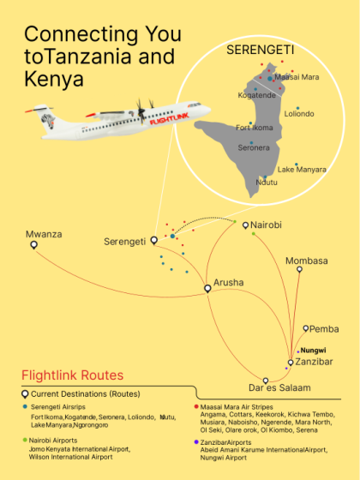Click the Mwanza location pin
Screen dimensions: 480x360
click(34, 245)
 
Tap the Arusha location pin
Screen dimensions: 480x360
click(207, 289)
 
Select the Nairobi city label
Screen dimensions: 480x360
click(266, 225)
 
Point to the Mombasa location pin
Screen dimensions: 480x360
click(299, 269)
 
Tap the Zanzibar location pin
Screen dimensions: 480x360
click(291, 363)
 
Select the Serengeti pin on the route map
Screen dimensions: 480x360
click(154, 241)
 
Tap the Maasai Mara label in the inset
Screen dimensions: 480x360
click(297, 77)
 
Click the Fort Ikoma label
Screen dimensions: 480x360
click(254, 129)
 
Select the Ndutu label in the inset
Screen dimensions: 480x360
click(267, 182)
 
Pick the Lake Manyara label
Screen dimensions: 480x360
click(302, 170)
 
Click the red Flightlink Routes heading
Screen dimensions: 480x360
click(72, 375)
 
